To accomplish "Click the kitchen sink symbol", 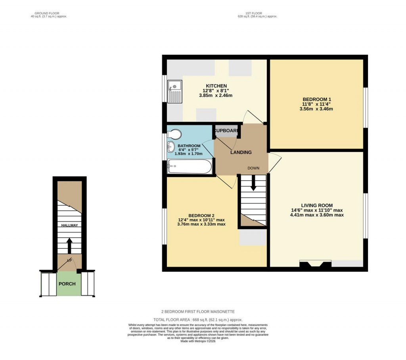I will (174, 91).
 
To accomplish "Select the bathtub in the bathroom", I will (189, 167).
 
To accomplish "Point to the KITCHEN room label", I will (216, 86).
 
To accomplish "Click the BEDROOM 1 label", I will (316, 99).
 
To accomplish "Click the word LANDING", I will (241, 152).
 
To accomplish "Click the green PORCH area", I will (67, 284).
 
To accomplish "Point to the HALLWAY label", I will (69, 225).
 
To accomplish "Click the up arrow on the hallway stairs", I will (69, 245).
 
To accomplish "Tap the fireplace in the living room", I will (315, 264).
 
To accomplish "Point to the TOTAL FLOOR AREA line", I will (198, 320).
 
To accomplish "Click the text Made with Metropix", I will (198, 341).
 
